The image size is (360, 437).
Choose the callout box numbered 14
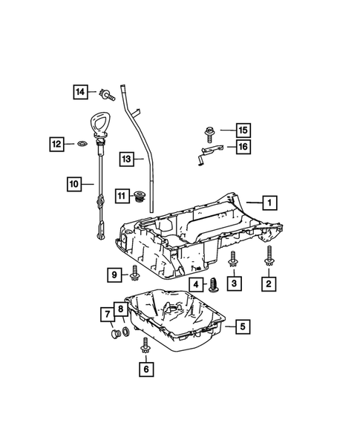tap(80, 92)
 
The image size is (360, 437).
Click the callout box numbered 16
tap(242, 148)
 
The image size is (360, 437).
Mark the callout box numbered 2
tap(269, 283)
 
